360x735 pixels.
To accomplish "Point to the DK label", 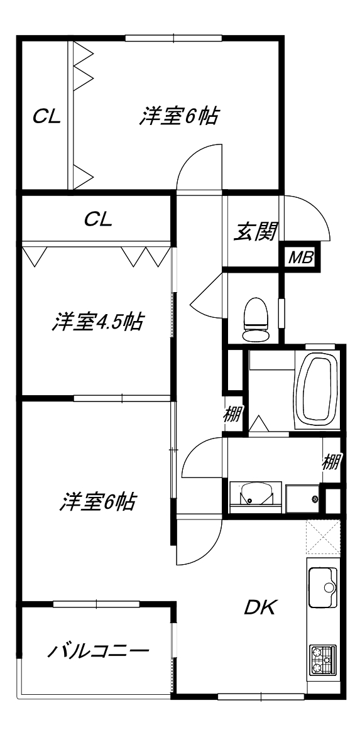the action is pyautogui.click(x=261, y=607).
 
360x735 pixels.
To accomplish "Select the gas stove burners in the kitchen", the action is pyautogui.click(x=323, y=661).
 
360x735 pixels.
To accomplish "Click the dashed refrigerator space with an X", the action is pyautogui.click(x=322, y=537).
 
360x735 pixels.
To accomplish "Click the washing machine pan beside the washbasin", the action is pyautogui.click(x=303, y=499).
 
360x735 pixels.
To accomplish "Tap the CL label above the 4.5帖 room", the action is pyautogui.click(x=98, y=219).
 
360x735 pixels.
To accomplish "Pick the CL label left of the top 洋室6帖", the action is pyautogui.click(x=47, y=116).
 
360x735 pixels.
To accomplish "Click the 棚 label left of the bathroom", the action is pyautogui.click(x=232, y=414).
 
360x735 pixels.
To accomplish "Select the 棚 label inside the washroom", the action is pyautogui.click(x=331, y=462).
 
